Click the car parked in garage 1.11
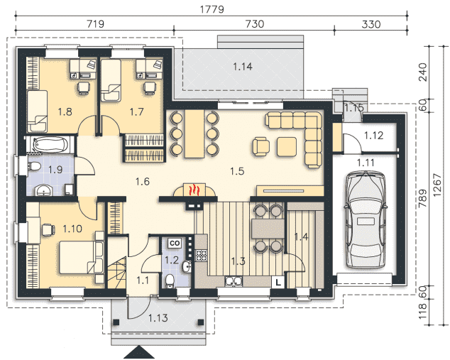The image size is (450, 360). (x=365, y=219)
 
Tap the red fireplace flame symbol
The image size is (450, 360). (x=194, y=190)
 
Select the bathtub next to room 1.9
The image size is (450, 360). (x=50, y=145)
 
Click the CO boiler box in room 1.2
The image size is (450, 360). (x=175, y=243)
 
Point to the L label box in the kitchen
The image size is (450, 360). (x=278, y=283)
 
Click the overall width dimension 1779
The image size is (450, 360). (x=212, y=9)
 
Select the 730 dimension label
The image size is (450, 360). (x=255, y=24)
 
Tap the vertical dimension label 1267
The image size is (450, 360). (x=437, y=185)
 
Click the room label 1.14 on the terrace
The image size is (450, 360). (x=243, y=67)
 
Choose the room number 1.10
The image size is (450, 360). (x=72, y=229)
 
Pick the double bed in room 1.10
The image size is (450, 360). (x=81, y=257)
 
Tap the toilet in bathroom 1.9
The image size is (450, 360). (x=34, y=165)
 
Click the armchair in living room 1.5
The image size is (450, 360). (x=261, y=146)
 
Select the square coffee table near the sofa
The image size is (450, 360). (x=287, y=147)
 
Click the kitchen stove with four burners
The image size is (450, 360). (x=201, y=255)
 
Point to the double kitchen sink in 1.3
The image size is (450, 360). (x=234, y=281)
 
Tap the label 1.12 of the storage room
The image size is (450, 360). (x=373, y=136)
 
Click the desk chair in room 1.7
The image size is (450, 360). (x=150, y=88)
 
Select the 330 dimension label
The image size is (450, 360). (x=371, y=24)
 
